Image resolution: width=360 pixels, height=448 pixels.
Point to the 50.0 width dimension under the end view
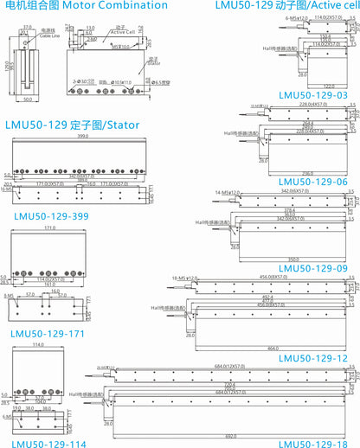point(29,99)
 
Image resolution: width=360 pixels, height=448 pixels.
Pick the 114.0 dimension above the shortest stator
point(37,344)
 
